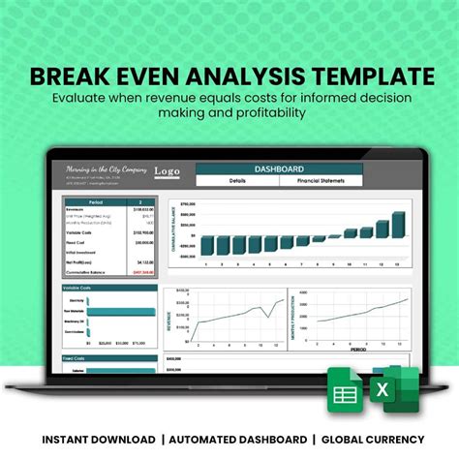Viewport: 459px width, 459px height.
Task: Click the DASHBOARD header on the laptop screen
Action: pos(279,168)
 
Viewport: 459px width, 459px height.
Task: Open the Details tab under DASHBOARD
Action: pos(237,180)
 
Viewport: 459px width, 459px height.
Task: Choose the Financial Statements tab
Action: pos(321,180)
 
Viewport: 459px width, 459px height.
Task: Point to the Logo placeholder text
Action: pos(167,171)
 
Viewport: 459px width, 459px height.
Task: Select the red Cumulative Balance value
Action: pos(143,272)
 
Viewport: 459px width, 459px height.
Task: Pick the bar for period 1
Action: pos(203,245)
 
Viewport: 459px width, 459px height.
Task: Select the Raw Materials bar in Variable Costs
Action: pos(121,311)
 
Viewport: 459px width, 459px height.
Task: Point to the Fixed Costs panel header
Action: pos(74,357)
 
